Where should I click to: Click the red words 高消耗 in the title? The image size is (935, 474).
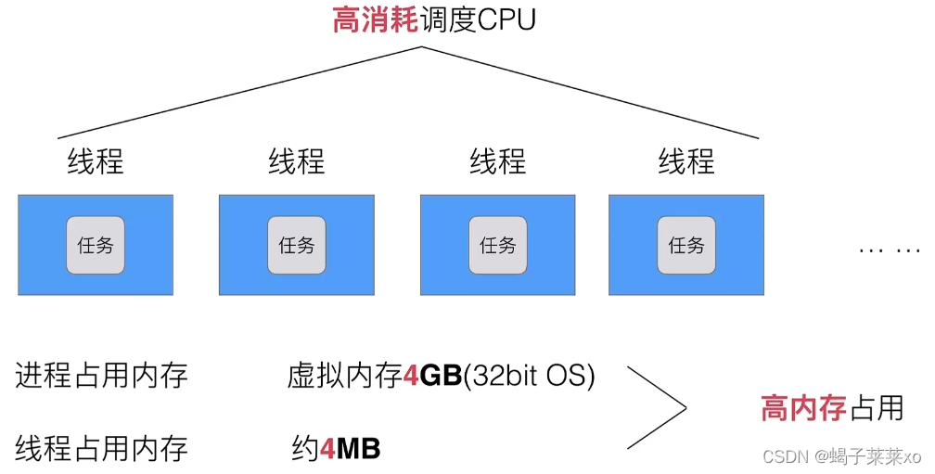pos(375,19)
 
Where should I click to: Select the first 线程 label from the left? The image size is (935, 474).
pos(96,161)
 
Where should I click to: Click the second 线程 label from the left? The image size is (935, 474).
pos(297,161)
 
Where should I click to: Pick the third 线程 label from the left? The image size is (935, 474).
pos(498,161)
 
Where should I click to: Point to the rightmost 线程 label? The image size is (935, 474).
pos(686,161)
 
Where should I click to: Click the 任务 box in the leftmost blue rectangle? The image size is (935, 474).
pos(96,245)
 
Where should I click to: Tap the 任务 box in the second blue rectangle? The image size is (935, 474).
pos(297,245)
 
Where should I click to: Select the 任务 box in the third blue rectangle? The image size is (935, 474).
pos(498,245)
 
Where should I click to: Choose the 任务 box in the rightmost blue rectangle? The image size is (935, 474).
pos(686,245)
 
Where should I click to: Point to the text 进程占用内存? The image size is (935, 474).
pos(101,376)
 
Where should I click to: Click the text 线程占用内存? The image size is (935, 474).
pos(101,449)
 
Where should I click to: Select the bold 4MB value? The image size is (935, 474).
pos(350,450)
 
